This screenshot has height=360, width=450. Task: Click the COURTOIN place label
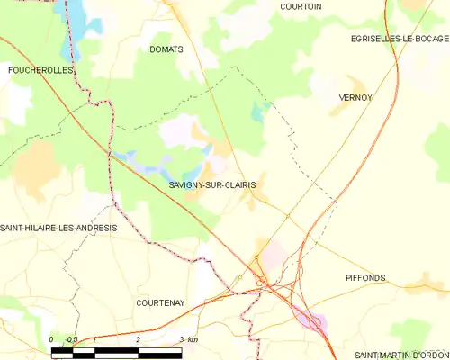[x=301, y=6]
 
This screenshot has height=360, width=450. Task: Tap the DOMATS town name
[x=166, y=49]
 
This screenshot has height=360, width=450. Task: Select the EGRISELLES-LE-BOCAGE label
[x=399, y=39]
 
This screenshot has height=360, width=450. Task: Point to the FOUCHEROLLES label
[x=39, y=69]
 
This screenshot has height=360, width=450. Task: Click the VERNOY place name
[x=355, y=97]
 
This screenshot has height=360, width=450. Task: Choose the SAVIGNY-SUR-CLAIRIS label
[x=211, y=185]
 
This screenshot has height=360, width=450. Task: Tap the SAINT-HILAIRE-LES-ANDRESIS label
[x=58, y=228]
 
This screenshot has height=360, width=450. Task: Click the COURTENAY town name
[x=159, y=303]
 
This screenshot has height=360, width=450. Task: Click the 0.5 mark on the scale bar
[x=72, y=339]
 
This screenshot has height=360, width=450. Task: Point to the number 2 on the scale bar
[x=138, y=339]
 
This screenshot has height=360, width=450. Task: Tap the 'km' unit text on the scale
[x=191, y=339]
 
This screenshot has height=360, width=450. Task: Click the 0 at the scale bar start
[x=52, y=339]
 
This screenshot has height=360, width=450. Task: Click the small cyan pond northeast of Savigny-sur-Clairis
[x=260, y=112]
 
